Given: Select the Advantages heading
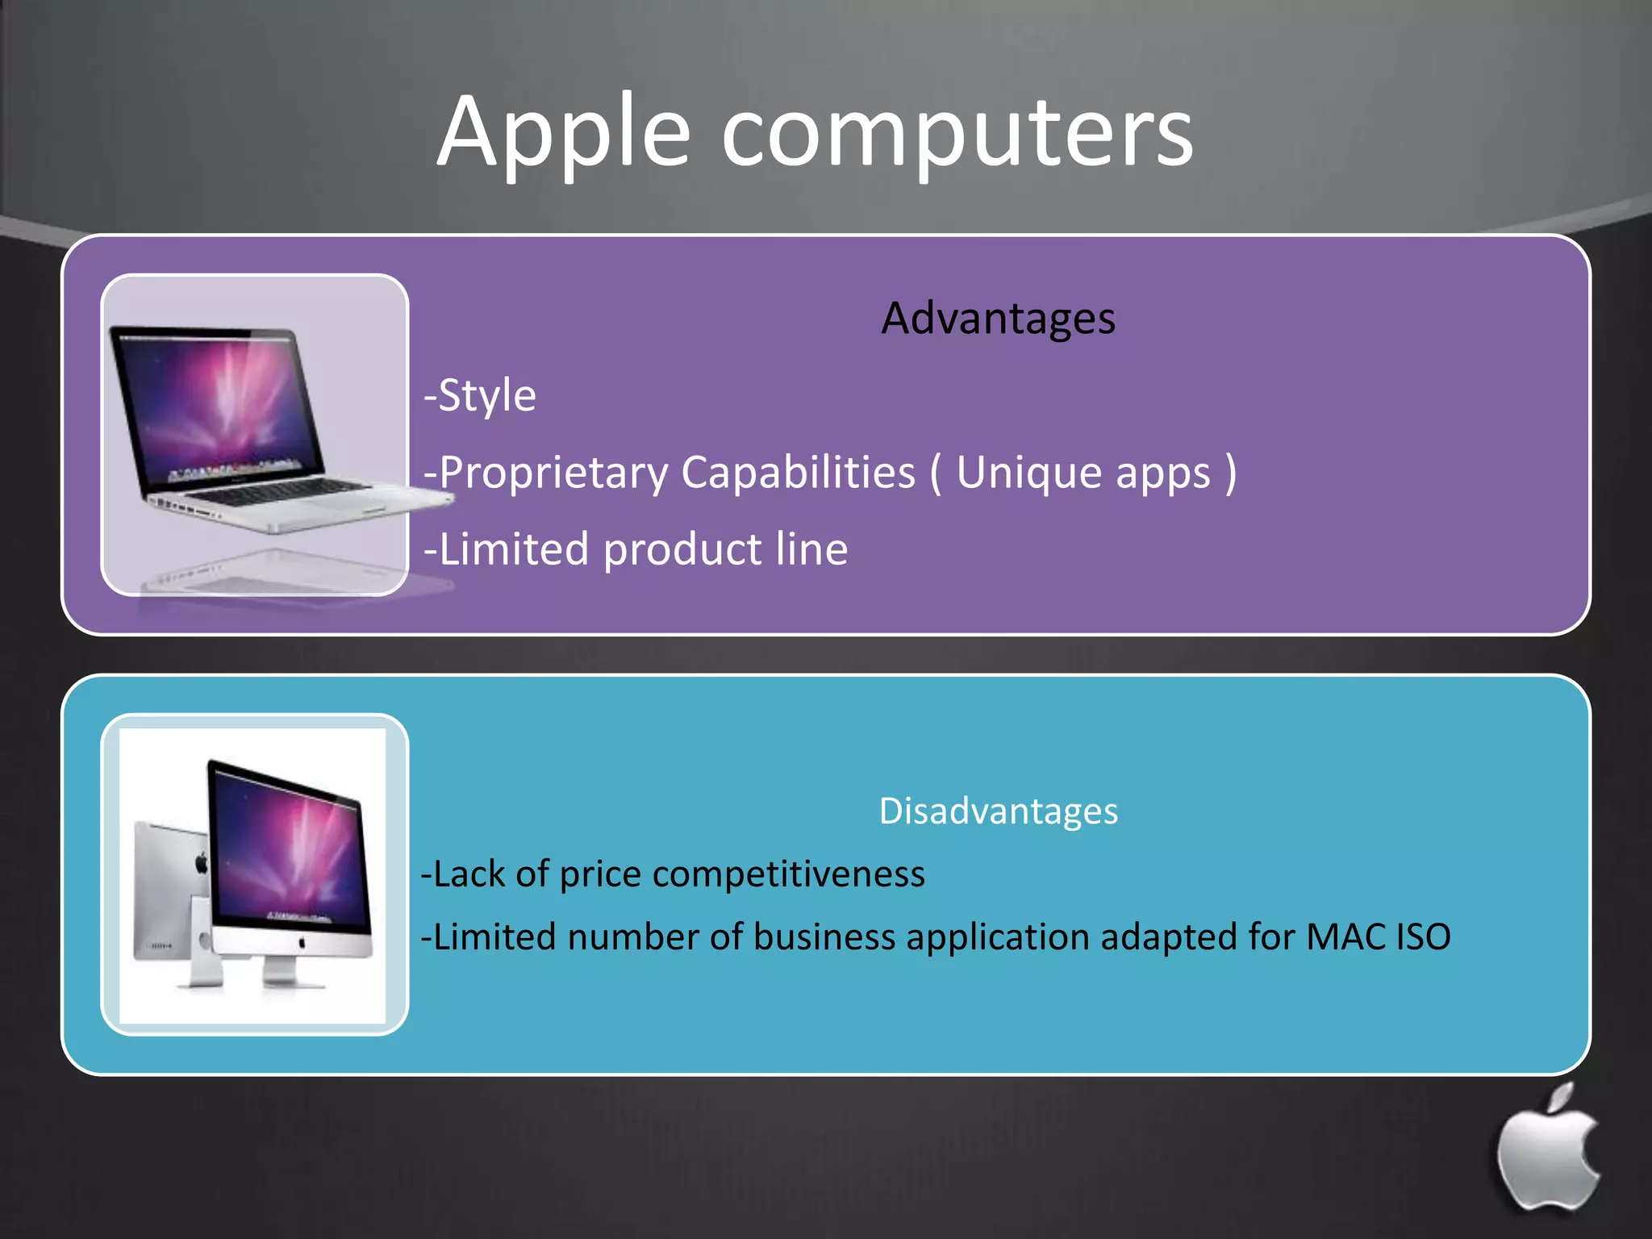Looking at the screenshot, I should [998, 318].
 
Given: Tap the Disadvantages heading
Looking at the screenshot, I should [998, 811].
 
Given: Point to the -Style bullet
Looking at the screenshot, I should [481, 395].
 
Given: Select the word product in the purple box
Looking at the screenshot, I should [682, 550].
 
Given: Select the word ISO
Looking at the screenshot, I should [1424, 937].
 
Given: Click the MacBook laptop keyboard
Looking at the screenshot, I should [282, 492].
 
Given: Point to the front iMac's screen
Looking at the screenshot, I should [286, 847].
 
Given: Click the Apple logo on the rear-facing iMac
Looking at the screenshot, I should [202, 864].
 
